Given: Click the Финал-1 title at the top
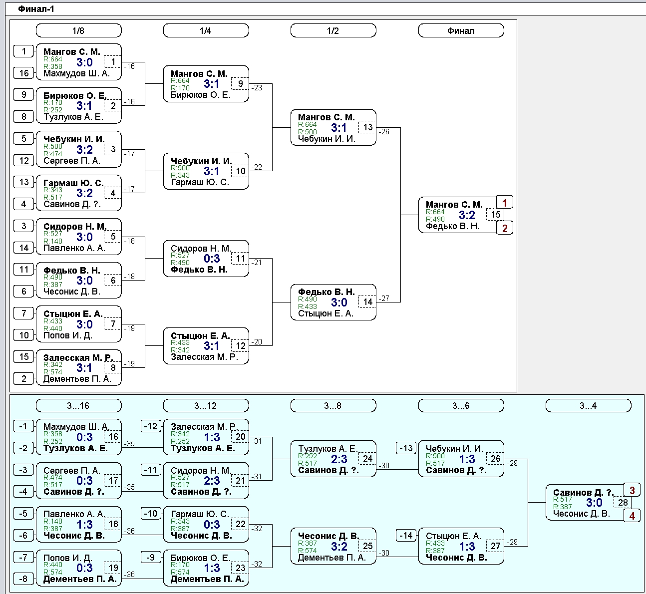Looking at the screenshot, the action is [x=36, y=9].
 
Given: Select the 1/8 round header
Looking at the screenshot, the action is [x=78, y=30].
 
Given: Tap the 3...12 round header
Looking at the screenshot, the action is [x=206, y=405].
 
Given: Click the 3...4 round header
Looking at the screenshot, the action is [x=589, y=405].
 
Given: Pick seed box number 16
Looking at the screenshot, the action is [x=24, y=73].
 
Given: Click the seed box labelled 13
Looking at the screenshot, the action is [x=24, y=182].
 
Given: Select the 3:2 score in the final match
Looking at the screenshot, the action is [x=467, y=215].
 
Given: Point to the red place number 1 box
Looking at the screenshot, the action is [x=505, y=203].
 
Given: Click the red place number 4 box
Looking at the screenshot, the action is [x=632, y=516].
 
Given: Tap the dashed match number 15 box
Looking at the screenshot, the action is [x=495, y=215].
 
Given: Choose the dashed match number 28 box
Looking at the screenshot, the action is [x=623, y=502].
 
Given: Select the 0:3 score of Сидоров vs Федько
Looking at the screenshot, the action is [x=212, y=259].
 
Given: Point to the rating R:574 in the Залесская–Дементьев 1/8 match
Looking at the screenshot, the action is [x=53, y=372].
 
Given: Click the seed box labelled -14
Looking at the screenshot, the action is [x=406, y=536].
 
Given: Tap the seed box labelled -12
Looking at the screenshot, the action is [x=151, y=426].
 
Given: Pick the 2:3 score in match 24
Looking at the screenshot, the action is [x=339, y=459].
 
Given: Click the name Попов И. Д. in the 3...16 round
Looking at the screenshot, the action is [x=68, y=558].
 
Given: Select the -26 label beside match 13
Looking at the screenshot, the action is [x=384, y=132].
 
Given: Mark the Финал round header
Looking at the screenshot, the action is [x=461, y=30].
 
